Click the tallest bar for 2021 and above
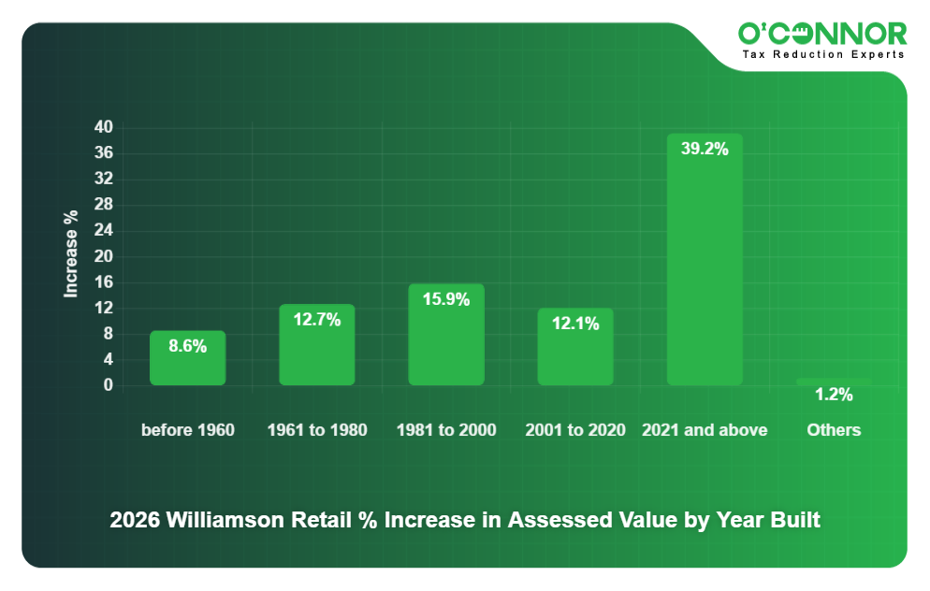(x=704, y=271)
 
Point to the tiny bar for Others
(x=833, y=382)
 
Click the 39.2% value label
(x=704, y=149)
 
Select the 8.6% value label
(x=187, y=346)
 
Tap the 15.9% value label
(x=445, y=299)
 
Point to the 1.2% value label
(x=833, y=395)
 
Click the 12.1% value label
(x=574, y=324)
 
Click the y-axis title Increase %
(x=71, y=254)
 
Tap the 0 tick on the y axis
(x=108, y=385)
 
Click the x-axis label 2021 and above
(x=704, y=430)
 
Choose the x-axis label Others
(x=833, y=430)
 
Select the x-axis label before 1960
(x=187, y=430)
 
